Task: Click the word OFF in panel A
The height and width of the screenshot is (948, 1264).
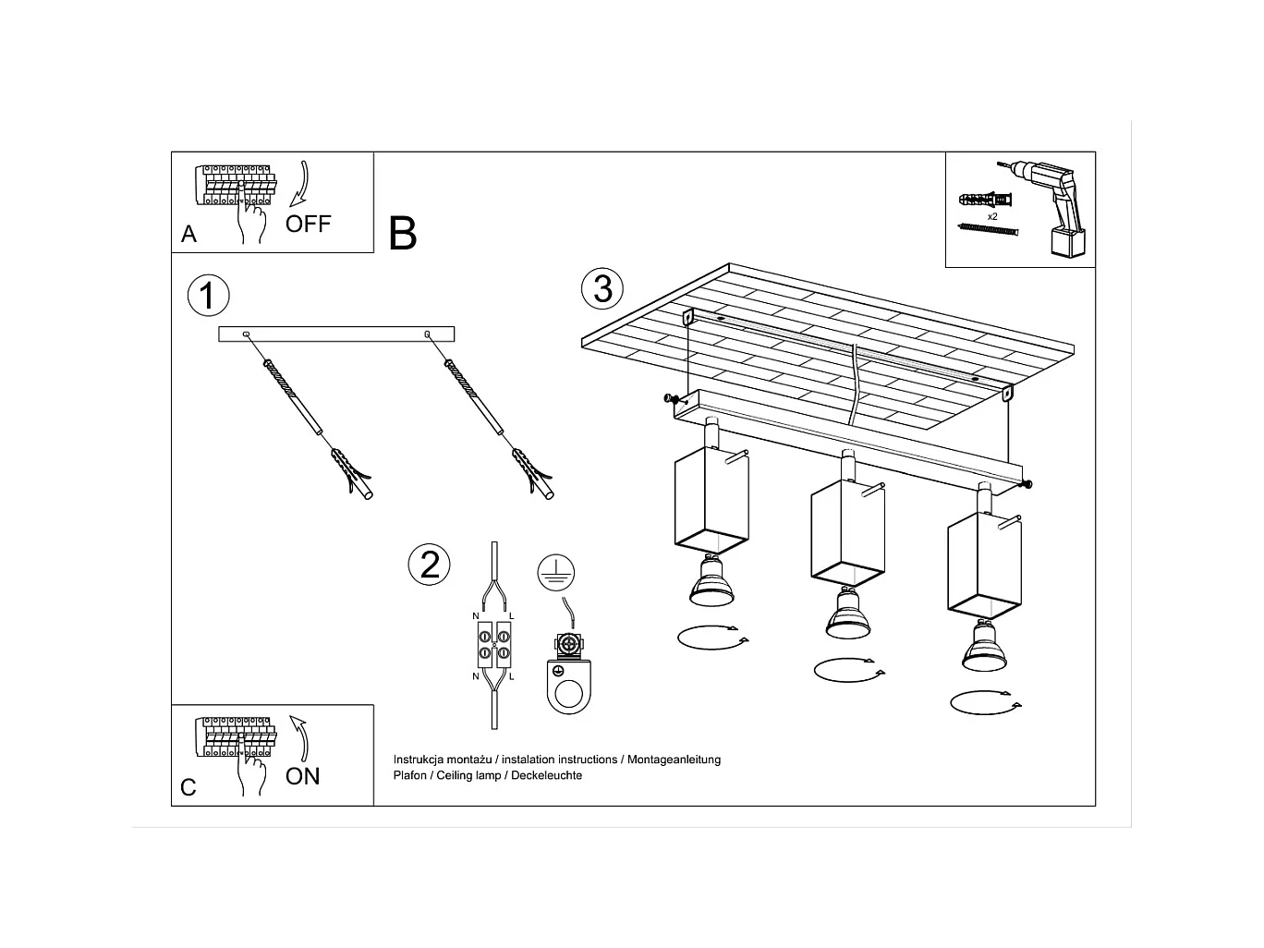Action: coord(308,224)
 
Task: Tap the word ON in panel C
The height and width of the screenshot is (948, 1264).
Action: coord(302,776)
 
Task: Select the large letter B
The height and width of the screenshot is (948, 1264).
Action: coord(403,234)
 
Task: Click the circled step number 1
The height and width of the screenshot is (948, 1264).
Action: coord(209,296)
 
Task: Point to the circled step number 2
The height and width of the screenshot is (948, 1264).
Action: coord(429,564)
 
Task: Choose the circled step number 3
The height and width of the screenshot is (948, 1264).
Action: coord(602,288)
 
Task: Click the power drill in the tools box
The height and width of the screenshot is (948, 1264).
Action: coord(1050,208)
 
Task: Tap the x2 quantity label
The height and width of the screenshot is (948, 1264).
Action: coord(992,217)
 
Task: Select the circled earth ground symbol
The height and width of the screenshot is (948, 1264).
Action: coord(555,573)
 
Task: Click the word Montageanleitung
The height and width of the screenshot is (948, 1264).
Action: coord(674,760)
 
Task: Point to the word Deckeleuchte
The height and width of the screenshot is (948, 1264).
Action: coord(546,775)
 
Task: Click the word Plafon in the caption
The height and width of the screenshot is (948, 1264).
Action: coord(410,775)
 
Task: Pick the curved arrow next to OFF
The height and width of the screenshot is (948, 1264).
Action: coord(300,183)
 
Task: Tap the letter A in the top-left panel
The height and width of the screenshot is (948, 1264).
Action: coord(188,235)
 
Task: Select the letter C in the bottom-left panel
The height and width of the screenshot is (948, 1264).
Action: coord(188,787)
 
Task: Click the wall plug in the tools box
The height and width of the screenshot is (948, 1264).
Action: coord(986,200)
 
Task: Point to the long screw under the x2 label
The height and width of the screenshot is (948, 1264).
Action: coord(988,229)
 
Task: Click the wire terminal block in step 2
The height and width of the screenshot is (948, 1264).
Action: coord(494,645)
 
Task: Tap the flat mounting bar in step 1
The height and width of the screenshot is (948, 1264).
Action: coord(336,334)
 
